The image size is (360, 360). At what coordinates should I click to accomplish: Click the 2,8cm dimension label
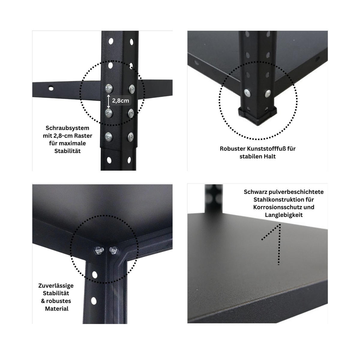[x=121, y=100]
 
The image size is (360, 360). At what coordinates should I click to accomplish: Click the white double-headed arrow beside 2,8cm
[x=108, y=101]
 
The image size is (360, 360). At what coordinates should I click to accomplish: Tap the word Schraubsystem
[x=67, y=128]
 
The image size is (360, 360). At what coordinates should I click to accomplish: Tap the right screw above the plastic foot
[x=268, y=94]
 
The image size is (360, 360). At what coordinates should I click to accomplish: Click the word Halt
[x=269, y=156]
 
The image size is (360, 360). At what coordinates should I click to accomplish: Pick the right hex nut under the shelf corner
[x=113, y=250]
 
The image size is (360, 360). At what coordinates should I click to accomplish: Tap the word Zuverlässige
[x=56, y=285]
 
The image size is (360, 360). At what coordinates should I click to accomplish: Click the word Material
[x=57, y=308]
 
